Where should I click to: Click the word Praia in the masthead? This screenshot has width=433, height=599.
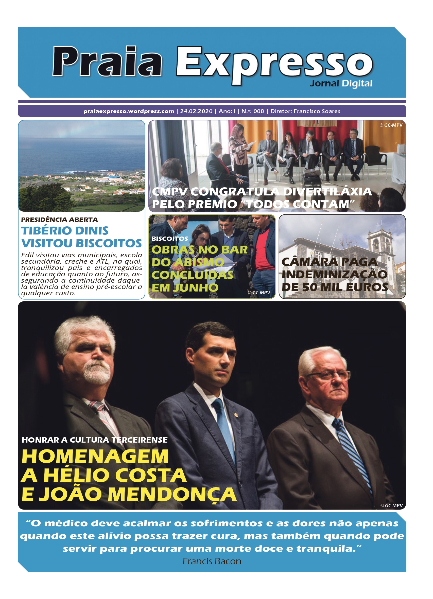click(107, 61)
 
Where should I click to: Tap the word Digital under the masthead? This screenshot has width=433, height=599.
click(357, 83)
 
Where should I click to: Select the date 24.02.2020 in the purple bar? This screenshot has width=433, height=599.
click(196, 111)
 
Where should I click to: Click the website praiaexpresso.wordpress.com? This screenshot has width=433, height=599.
click(129, 111)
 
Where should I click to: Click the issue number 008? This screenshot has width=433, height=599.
click(258, 111)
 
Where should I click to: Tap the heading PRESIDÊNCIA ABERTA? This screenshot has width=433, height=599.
click(59, 220)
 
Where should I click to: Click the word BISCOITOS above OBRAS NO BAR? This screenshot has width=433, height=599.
click(169, 239)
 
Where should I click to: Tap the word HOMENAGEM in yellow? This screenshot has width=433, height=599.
click(95, 456)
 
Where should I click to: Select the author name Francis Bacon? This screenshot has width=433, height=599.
click(212, 561)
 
